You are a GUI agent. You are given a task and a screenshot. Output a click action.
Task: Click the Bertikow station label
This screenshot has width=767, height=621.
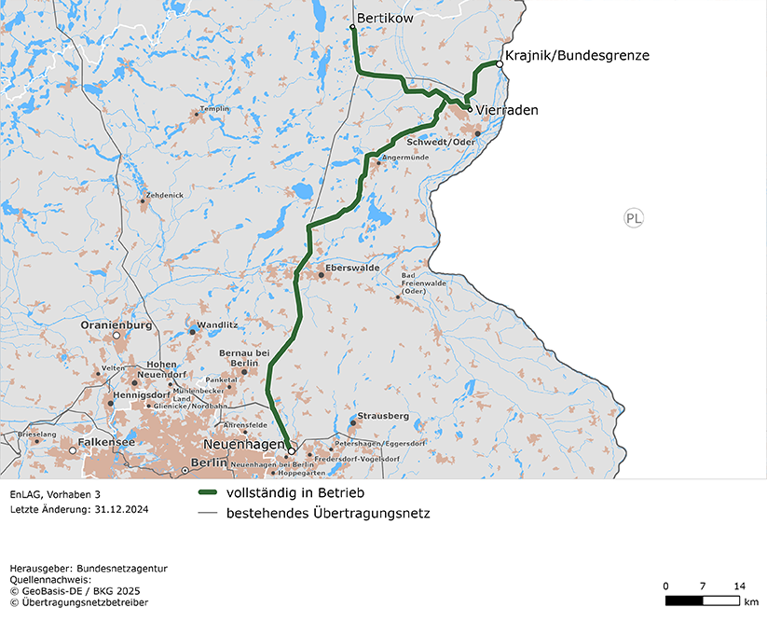click(x=385, y=18)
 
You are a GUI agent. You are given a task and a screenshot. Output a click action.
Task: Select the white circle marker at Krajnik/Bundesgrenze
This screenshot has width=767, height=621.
click(x=500, y=64)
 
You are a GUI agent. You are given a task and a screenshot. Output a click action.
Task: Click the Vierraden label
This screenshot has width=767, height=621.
click(x=507, y=110)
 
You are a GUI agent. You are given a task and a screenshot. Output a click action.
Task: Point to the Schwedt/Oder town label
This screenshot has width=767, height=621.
click(x=441, y=142)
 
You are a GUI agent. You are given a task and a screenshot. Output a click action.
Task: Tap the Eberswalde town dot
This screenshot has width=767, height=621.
click(x=321, y=275)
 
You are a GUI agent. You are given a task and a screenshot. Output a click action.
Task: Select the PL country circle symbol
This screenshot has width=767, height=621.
click(x=634, y=219)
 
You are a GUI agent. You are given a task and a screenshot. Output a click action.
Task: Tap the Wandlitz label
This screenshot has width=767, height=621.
click(x=217, y=324)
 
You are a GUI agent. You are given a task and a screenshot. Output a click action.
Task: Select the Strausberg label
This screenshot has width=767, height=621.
click(x=383, y=416)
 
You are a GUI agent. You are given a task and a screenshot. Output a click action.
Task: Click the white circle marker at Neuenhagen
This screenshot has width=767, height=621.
click(x=291, y=450)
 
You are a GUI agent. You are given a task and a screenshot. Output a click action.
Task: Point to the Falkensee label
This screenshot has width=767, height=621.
click(x=106, y=442)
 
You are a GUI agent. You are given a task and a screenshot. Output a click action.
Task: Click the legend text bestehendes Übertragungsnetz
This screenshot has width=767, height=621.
click(x=328, y=513)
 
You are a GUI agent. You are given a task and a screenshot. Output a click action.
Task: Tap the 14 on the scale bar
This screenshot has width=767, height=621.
click(x=739, y=586)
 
